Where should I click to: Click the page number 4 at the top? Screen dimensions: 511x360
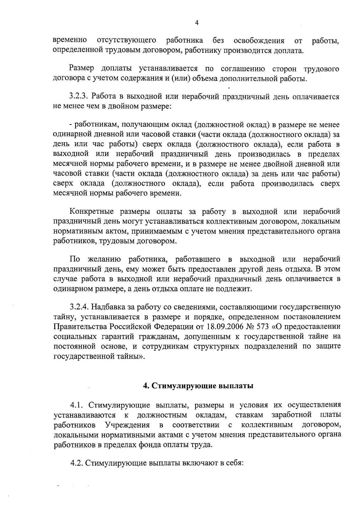tap(197, 23)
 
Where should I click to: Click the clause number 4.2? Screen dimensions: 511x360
tap(77, 463)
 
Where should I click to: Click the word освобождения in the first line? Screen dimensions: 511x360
tap(259, 40)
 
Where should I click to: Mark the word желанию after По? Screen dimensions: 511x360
tap(104, 259)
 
